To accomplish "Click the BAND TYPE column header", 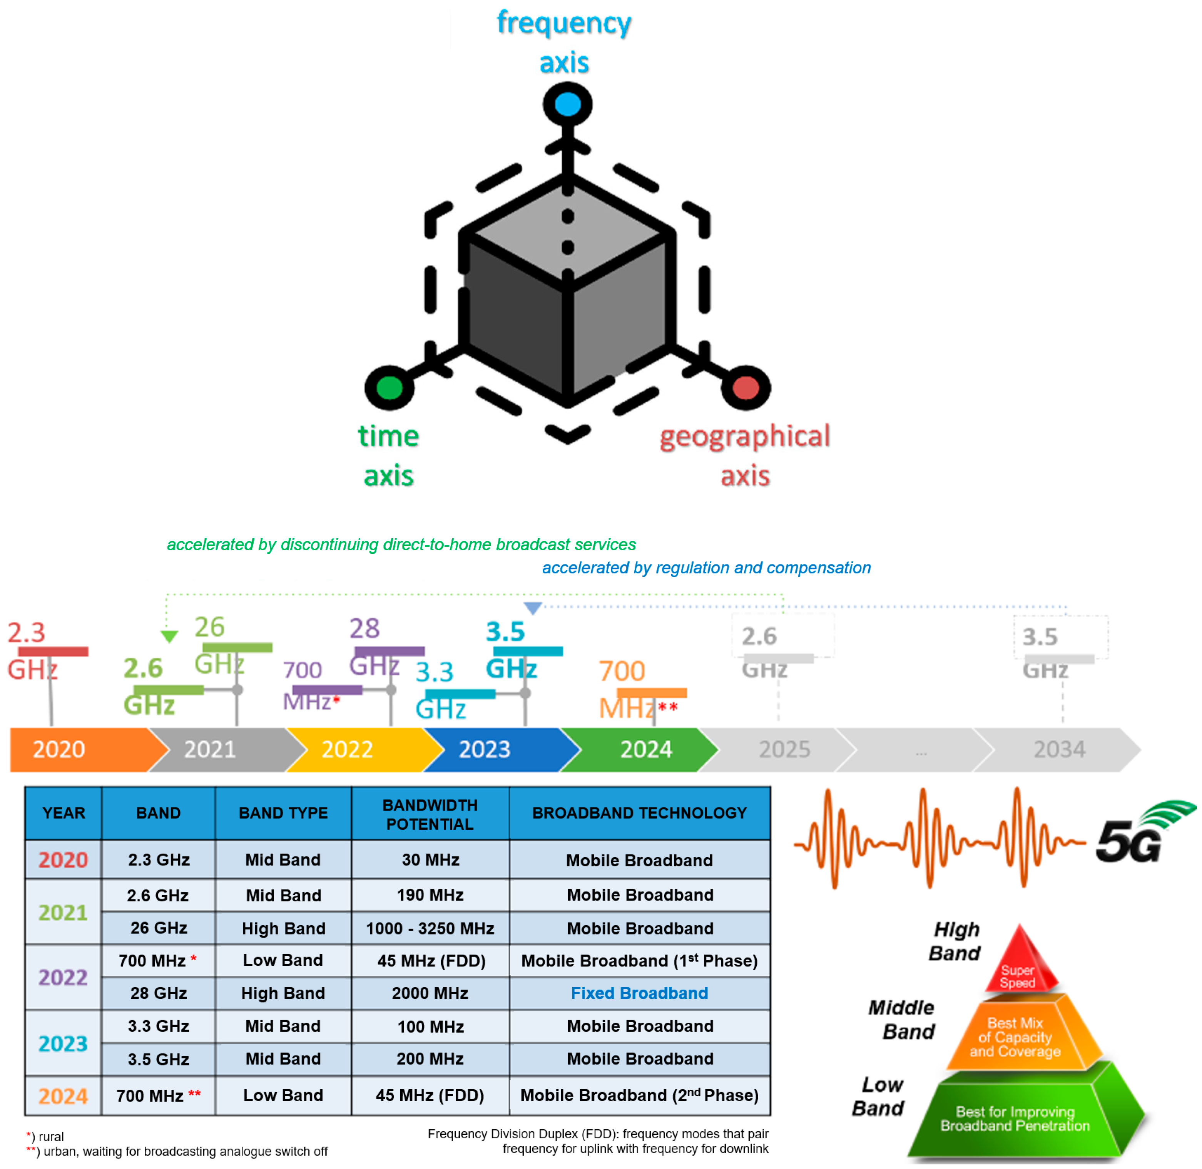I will (283, 812).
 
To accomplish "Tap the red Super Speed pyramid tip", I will (1020, 964).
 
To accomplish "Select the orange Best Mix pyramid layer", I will (1015, 1038).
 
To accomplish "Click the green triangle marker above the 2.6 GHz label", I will (169, 636).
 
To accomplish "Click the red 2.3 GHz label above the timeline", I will (31, 651).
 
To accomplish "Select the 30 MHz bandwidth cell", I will (430, 859).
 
